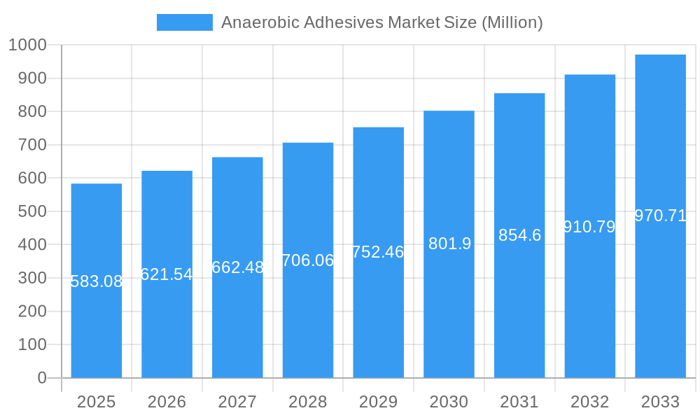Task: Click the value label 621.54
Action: [167, 274]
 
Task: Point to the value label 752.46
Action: [378, 252]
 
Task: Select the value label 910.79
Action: [589, 227]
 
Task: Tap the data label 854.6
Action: [519, 235]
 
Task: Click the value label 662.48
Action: [237, 267]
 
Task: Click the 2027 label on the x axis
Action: [237, 402]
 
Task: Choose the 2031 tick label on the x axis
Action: [519, 402]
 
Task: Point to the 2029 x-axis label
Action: [378, 402]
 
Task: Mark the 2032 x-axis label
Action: [589, 402]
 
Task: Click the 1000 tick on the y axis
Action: [28, 45]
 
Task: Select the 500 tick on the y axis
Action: [32, 211]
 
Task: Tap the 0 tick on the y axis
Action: [42, 378]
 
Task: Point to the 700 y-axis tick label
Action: [32, 145]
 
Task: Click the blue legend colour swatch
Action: [184, 22]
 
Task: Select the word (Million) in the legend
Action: [512, 22]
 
